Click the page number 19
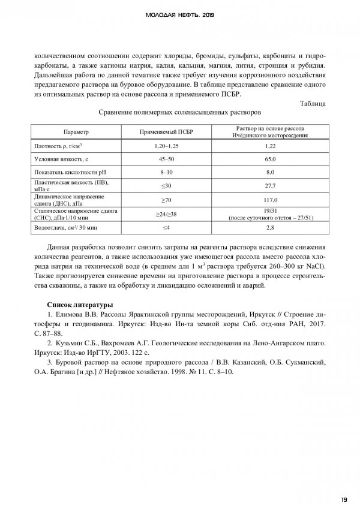pos(344,500)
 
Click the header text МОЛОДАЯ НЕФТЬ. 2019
pos(180,14)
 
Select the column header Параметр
pos(76,132)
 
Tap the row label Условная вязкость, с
pos(61,159)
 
